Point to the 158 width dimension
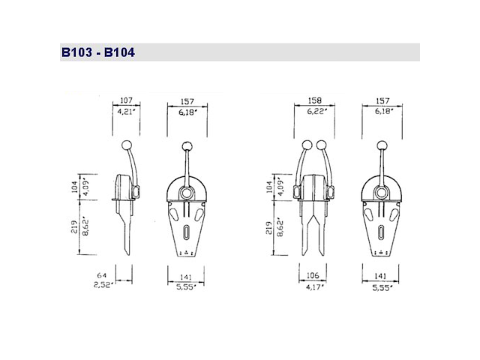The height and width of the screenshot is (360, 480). (314, 98)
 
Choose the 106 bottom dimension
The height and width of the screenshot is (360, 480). (313, 276)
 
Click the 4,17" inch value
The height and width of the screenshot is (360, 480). (313, 286)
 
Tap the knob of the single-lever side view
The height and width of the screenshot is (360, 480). (126, 145)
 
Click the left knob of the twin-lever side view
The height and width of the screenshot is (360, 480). (305, 145)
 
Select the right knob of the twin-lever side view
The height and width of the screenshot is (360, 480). (322, 145)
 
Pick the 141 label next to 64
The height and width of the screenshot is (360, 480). (184, 276)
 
